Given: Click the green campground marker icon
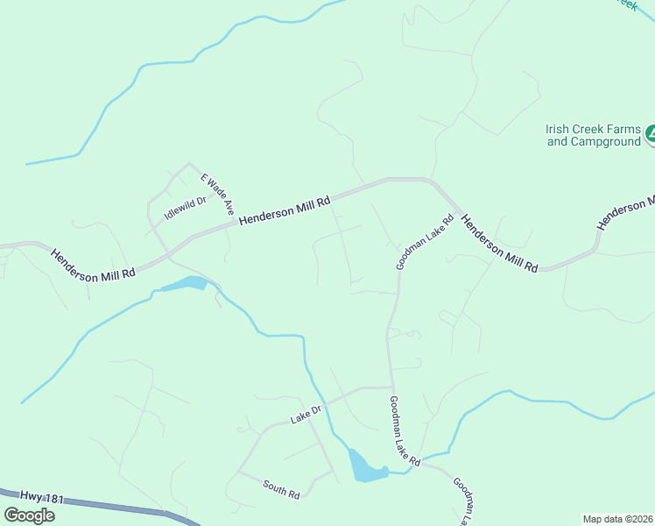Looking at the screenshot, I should coord(650,135).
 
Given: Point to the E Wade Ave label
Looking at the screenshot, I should coord(217,194).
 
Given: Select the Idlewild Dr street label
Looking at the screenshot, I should coord(185,208).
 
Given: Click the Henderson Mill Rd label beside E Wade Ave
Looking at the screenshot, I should coord(285,210).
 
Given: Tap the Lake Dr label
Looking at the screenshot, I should coord(306,415).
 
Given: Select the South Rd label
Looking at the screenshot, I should coord(281,489).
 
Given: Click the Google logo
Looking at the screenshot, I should coord(29,515).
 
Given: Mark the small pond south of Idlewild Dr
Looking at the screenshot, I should coord(186,284).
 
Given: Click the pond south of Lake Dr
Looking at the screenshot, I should coord(363,466).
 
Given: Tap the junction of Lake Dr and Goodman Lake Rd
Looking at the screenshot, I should coord(390,387).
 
